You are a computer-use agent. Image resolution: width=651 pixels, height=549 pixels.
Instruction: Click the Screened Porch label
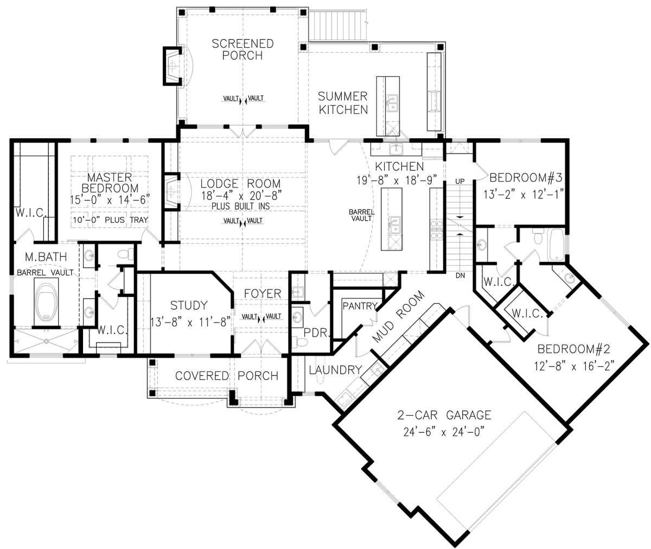pyautogui.click(x=242, y=49)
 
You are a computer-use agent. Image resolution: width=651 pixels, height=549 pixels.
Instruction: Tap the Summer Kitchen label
pyautogui.click(x=343, y=103)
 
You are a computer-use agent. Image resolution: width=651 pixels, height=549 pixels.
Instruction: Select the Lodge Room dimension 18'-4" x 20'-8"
pyautogui.click(x=241, y=196)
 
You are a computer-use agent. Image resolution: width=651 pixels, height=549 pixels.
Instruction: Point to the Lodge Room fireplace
pyautogui.click(x=171, y=192)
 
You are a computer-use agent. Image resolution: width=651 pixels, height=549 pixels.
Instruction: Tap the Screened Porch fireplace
pyautogui.click(x=173, y=66)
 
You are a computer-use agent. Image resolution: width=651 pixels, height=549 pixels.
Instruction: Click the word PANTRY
pyautogui.click(x=360, y=306)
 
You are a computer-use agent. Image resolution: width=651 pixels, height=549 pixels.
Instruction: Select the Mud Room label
pyautogui.click(x=398, y=317)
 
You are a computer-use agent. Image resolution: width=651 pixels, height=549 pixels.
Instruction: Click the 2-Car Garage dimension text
pyautogui.click(x=444, y=432)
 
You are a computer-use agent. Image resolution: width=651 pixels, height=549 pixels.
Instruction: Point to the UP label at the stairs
pyautogui.click(x=460, y=182)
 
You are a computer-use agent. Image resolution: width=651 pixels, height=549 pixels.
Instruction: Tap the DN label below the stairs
pyautogui.click(x=460, y=275)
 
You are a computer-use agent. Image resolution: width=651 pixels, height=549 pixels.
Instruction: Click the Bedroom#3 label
pyautogui.click(x=526, y=178)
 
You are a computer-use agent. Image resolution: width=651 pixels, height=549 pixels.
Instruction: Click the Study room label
pyautogui.click(x=189, y=305)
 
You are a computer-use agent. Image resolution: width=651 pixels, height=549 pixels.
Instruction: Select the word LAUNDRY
pyautogui.click(x=335, y=370)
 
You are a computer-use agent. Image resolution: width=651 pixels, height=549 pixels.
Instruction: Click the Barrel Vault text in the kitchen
pyautogui.click(x=362, y=215)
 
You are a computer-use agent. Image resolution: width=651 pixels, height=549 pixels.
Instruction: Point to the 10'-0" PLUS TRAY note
pyautogui.click(x=110, y=220)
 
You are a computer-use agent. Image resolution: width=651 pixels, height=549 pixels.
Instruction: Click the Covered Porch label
pyautogui.click(x=227, y=376)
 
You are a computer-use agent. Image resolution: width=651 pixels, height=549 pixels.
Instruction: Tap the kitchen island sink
pyautogui.click(x=394, y=224)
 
